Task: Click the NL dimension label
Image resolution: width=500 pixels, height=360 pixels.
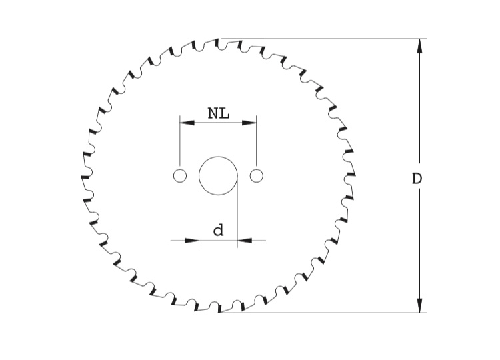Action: [219, 113]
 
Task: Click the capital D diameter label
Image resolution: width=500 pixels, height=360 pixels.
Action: [417, 179]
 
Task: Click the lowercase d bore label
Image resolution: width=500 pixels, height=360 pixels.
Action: [219, 230]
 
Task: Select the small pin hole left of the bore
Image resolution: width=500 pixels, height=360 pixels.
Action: [180, 176]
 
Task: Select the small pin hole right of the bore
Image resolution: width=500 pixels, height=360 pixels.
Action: [257, 176]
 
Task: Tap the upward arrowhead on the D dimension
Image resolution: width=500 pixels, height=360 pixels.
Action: [419, 45]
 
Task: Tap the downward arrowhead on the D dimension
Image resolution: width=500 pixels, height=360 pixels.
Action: [419, 305]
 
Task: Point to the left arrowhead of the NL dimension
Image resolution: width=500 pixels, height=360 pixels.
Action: [187, 123]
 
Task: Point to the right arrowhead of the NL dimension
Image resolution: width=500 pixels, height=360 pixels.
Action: [249, 123]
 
